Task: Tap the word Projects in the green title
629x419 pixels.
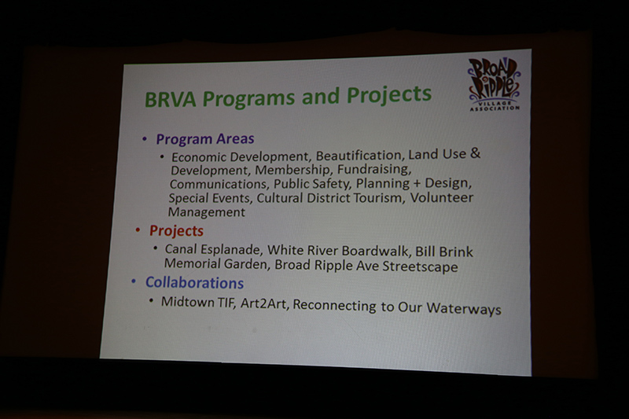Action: tap(389, 94)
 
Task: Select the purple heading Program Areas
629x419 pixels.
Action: tap(204, 139)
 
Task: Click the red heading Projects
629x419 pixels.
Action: tap(176, 231)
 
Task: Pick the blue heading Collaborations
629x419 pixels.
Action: tap(194, 283)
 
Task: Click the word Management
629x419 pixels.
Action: tap(206, 212)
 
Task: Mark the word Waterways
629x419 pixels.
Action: tap(463, 309)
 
